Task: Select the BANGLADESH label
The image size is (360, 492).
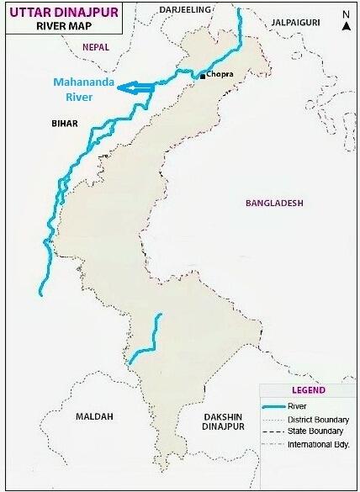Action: (273, 204)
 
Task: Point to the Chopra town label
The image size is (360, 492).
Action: (220, 76)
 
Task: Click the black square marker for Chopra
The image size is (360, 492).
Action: (202, 77)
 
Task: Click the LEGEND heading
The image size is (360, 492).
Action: (308, 390)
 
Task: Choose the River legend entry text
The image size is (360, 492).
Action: (296, 405)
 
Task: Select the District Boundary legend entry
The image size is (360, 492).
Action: (315, 418)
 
